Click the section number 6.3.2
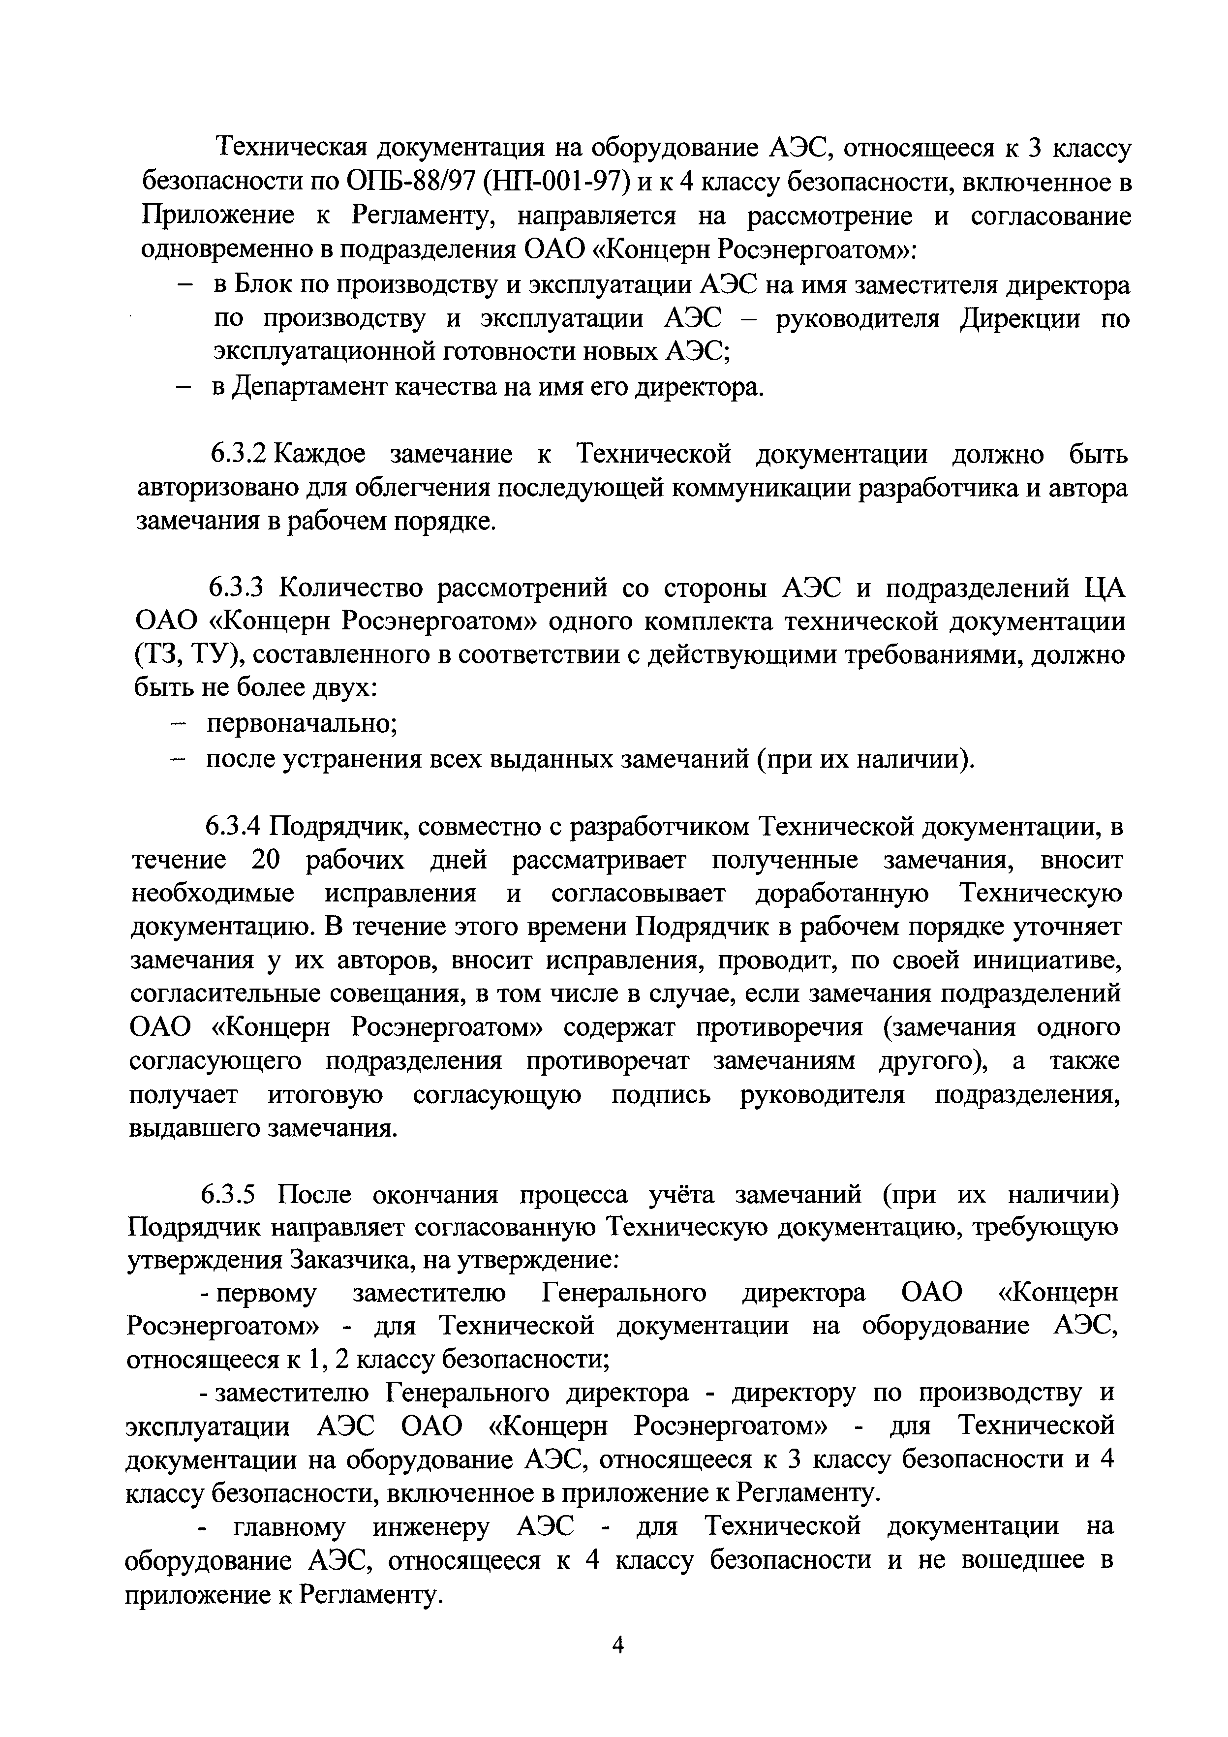point(239,454)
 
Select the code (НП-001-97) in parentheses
point(556,183)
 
